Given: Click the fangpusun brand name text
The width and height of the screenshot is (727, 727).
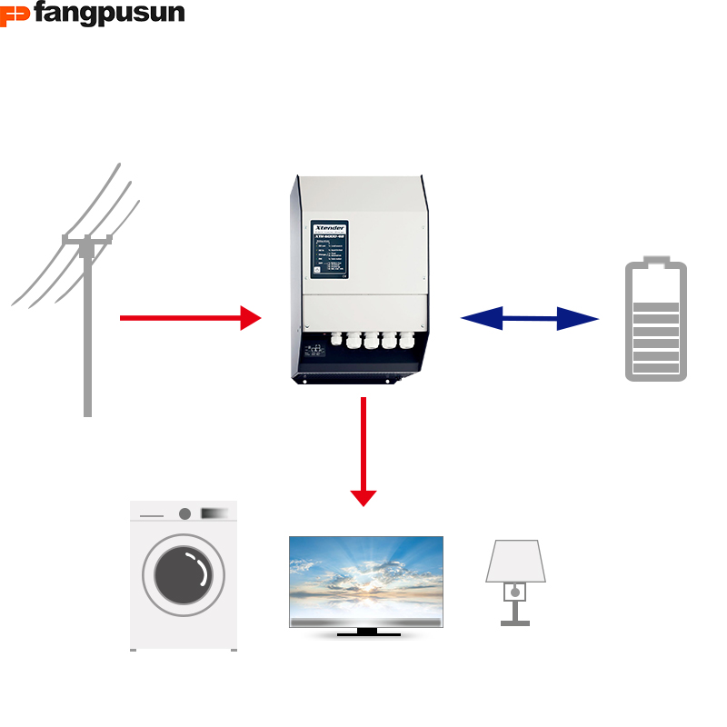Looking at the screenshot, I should [109, 14].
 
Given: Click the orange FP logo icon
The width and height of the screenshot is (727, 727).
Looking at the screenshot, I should [15, 15].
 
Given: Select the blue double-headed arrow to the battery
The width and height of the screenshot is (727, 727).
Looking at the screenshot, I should [530, 318].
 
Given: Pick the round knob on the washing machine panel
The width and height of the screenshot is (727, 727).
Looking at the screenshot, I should [184, 513].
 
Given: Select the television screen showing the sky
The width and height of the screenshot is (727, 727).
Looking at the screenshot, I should [366, 579].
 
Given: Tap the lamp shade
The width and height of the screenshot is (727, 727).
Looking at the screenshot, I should [515, 562].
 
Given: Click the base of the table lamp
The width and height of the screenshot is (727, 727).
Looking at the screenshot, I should [515, 621].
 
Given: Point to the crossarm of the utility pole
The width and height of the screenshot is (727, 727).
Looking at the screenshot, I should [87, 240].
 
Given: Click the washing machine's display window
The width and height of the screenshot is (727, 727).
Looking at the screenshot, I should [214, 513].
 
